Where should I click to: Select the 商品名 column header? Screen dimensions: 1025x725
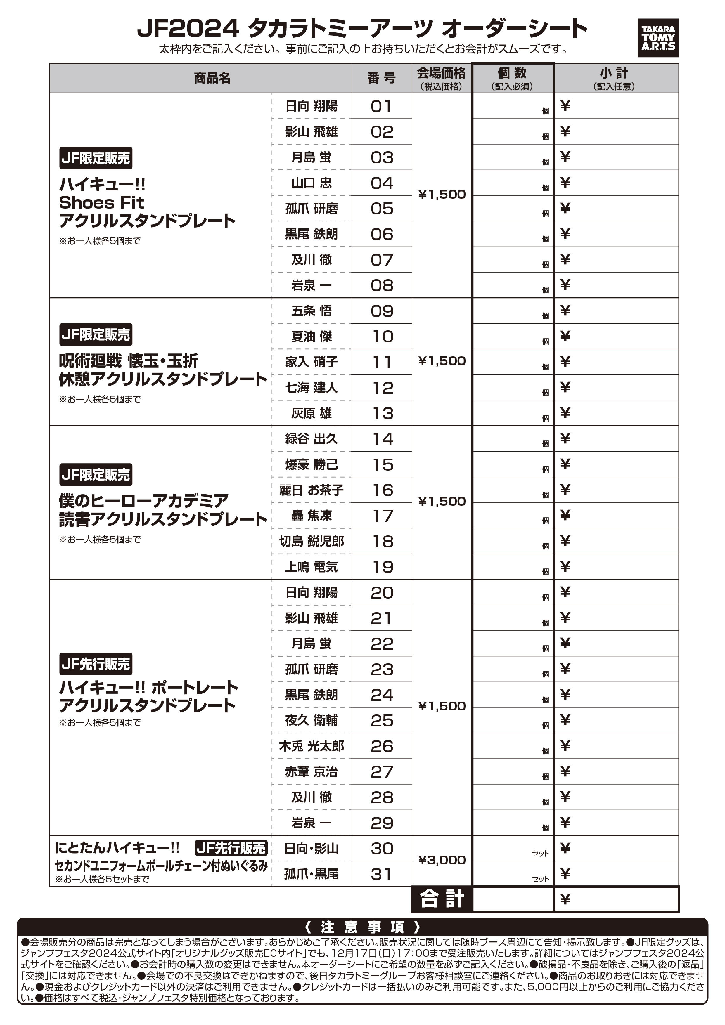[212, 78]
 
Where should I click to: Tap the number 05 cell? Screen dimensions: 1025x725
[381, 209]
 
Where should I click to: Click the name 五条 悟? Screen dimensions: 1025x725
[311, 311]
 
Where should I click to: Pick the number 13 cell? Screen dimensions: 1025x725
[381, 413]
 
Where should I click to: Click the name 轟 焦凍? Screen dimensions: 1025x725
[311, 516]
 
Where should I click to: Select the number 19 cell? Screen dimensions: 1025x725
[381, 567]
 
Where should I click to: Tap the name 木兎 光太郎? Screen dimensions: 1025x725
[311, 746]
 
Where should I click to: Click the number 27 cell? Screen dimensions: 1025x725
[381, 772]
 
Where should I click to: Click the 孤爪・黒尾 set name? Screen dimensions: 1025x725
[311, 874]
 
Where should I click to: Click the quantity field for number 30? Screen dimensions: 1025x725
[512, 849]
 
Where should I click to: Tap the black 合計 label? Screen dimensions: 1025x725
[441, 899]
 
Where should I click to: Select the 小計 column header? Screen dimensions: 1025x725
[615, 78]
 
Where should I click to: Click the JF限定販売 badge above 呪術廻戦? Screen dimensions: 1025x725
[96, 335]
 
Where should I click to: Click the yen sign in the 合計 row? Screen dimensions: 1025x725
[565, 899]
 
